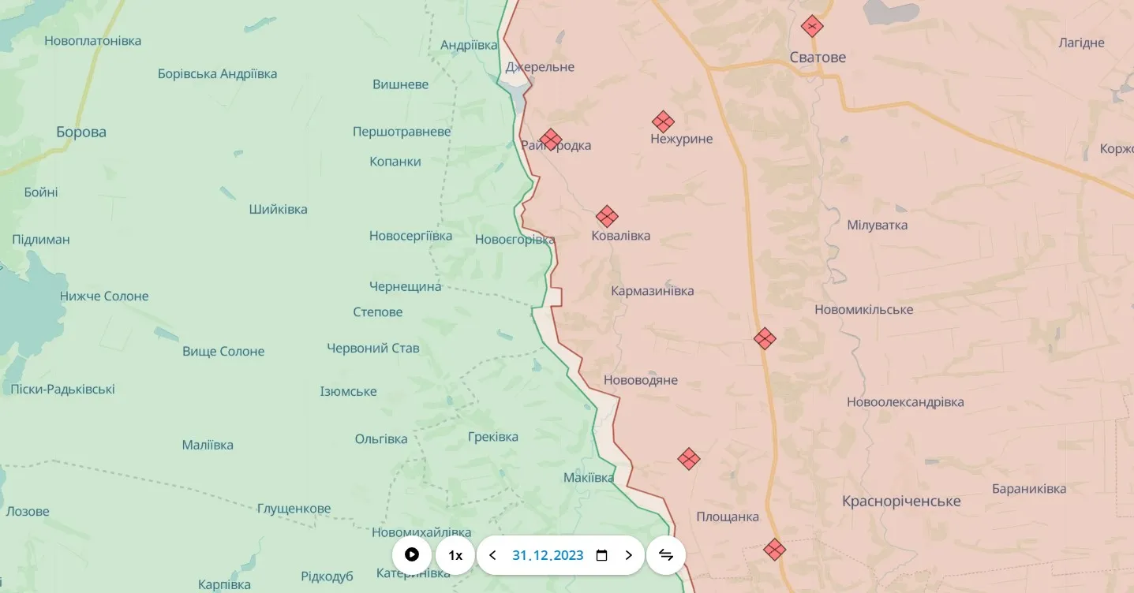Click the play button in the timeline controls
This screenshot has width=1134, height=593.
click(x=411, y=555)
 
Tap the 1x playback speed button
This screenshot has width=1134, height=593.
click(x=455, y=555)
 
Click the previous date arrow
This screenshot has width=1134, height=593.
click(x=493, y=555)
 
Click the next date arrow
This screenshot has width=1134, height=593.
click(x=629, y=555)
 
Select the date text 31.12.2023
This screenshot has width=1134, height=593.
click(x=548, y=555)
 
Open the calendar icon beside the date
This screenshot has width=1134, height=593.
click(x=601, y=555)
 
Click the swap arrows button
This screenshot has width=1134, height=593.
click(x=666, y=555)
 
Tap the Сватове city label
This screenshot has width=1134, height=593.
click(x=818, y=58)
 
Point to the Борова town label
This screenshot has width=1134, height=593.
click(x=81, y=132)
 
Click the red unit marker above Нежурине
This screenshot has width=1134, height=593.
click(x=663, y=121)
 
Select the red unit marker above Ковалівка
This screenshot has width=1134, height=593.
click(x=606, y=216)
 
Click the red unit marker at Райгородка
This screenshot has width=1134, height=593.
click(x=551, y=140)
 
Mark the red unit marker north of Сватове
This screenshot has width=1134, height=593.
click(x=812, y=26)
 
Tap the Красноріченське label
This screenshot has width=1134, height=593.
click(x=901, y=502)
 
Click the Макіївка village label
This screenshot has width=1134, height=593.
click(x=589, y=478)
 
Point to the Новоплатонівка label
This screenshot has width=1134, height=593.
click(x=93, y=41)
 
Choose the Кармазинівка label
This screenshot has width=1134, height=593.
click(x=653, y=291)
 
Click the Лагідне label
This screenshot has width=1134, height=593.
click(x=1081, y=43)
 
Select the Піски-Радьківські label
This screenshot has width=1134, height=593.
click(x=62, y=390)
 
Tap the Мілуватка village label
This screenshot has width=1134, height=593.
click(x=877, y=226)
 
